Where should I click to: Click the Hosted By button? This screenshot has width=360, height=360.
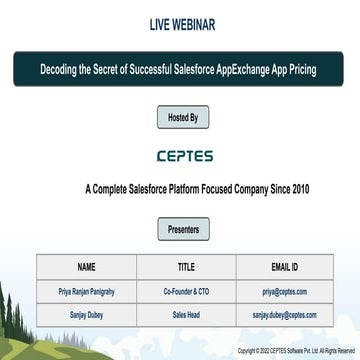click(x=179, y=118)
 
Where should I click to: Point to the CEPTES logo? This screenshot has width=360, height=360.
click(x=180, y=157)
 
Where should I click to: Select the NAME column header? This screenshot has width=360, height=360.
click(x=86, y=268)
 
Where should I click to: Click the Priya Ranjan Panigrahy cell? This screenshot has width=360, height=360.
click(x=86, y=291)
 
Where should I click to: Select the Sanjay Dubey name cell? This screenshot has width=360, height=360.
click(x=86, y=314)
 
